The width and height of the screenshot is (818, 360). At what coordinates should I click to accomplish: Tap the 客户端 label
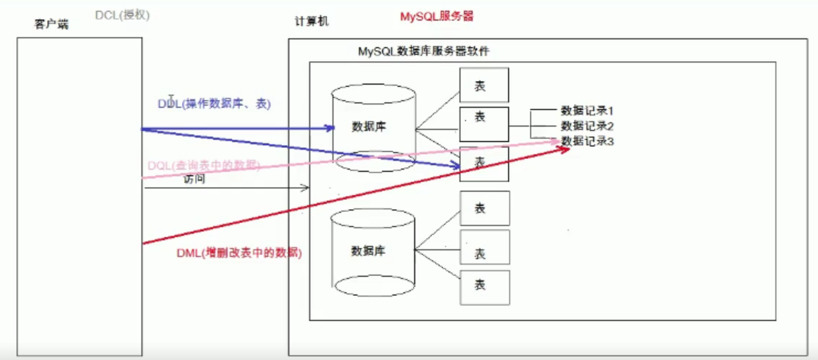51,24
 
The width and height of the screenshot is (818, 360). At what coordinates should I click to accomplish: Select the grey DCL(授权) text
122,15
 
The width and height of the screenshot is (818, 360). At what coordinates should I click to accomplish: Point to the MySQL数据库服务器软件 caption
423,51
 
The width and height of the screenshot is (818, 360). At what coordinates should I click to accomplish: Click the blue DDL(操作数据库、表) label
214,104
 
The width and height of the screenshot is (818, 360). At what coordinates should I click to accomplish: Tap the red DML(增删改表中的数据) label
239,252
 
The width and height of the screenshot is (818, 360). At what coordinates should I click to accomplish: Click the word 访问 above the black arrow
194,179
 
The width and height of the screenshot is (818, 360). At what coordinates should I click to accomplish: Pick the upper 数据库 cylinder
373,127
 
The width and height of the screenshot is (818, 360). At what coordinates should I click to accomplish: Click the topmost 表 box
484,85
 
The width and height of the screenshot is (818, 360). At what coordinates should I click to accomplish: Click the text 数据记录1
587,110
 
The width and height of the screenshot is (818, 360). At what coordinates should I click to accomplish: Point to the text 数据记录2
587,126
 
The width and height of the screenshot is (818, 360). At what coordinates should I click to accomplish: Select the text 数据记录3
587,141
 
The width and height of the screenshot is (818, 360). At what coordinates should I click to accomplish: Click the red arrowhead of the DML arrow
564,149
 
